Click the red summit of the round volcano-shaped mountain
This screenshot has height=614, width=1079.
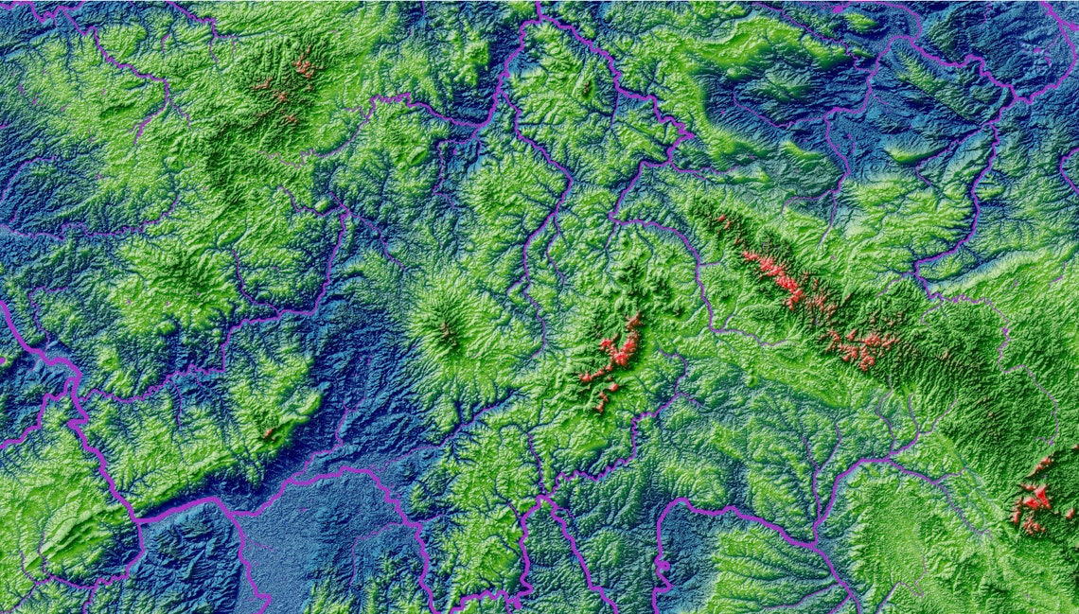tap(444, 331)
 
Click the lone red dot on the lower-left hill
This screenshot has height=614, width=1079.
tap(269, 433)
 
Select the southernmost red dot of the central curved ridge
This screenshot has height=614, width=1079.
tap(599, 407)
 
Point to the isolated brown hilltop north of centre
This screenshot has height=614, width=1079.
tap(585, 90)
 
